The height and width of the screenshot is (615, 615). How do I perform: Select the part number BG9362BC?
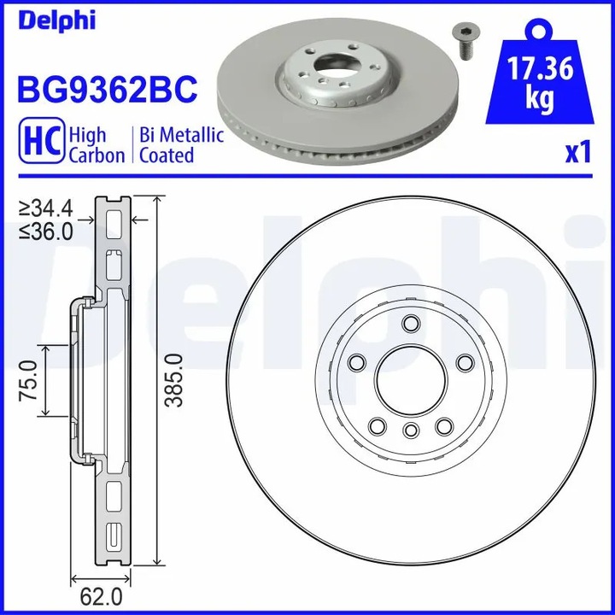tap(108, 87)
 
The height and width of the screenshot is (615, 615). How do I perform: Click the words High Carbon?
tap(97, 145)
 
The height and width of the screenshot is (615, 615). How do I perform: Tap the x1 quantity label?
tap(578, 153)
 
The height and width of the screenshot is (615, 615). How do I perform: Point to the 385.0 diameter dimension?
tap(176, 380)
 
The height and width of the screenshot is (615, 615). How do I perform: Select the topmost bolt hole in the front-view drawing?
tap(410, 324)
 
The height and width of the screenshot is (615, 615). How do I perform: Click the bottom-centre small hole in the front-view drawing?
tap(410, 430)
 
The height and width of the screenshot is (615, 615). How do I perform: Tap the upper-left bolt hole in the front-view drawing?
tap(355, 363)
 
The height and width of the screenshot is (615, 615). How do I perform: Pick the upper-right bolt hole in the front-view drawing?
tap(465, 363)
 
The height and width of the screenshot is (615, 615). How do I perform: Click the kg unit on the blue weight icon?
tap(539, 98)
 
